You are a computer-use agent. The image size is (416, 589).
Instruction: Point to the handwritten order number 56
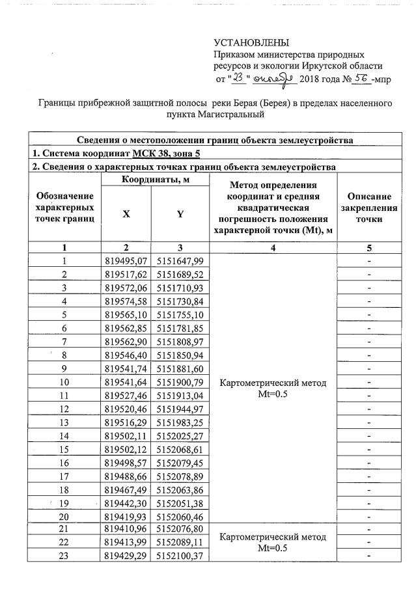coord(361,79)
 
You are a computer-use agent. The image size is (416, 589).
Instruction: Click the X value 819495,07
coord(127,261)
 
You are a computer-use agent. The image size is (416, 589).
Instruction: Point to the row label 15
coord(64,449)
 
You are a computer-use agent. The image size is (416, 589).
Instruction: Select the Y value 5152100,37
coord(180,555)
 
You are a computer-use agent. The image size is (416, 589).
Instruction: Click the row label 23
coord(64,555)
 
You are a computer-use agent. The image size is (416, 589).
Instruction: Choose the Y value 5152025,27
coord(180,436)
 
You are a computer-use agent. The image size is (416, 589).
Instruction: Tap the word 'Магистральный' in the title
coord(215,115)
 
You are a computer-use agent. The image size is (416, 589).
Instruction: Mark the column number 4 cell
coord(273,248)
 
